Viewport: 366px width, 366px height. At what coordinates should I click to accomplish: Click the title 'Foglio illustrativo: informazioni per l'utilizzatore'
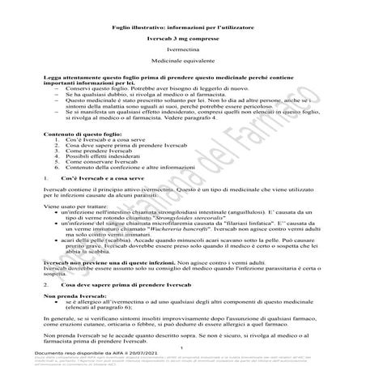point(182,29)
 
